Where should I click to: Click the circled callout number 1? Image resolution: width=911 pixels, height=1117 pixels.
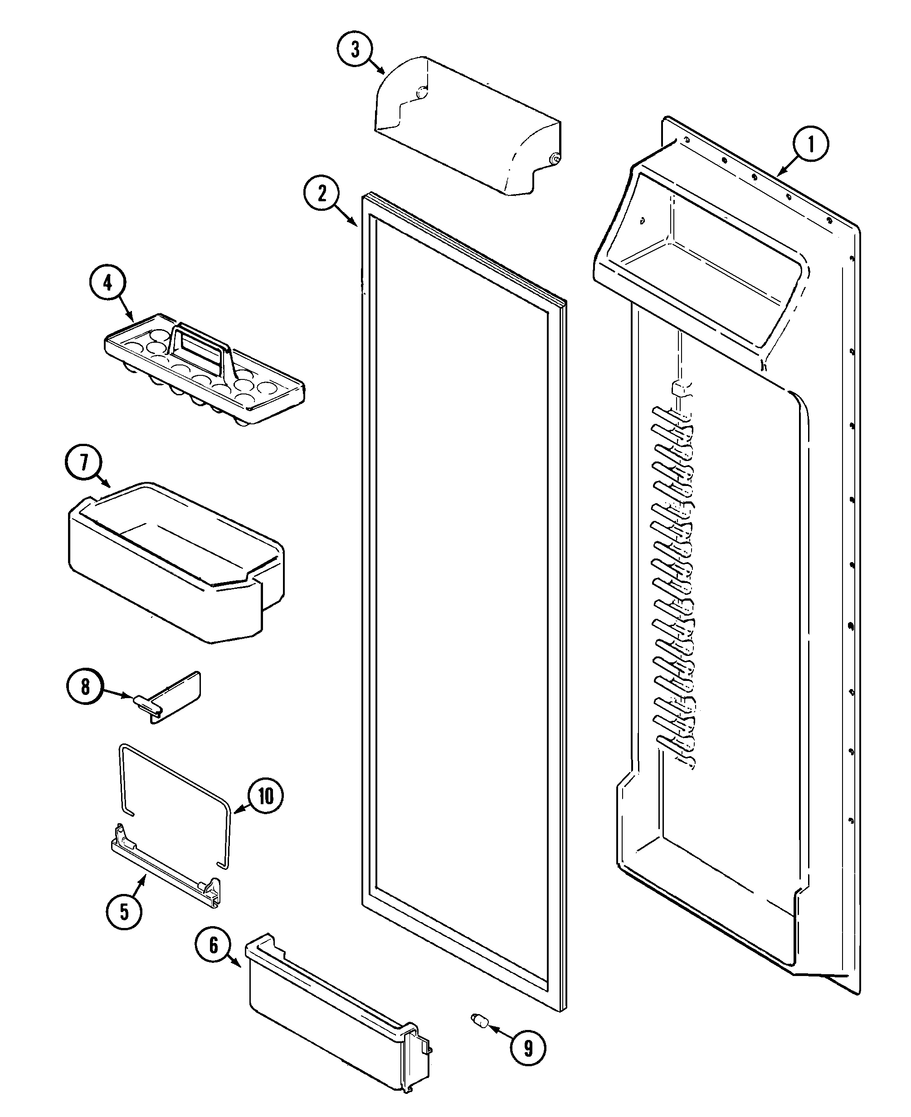pos(811,144)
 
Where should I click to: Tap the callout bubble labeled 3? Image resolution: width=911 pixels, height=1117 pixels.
pos(355,49)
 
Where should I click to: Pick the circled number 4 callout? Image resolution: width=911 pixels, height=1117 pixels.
pos(107,283)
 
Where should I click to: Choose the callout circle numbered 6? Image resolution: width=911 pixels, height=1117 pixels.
pos(213,946)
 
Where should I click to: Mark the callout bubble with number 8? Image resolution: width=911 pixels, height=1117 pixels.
pos(85,687)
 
